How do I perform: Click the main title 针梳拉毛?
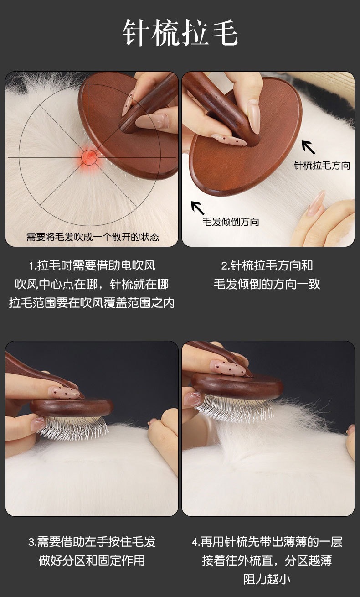pos(180,32)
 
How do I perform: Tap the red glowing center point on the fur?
pos(89,157)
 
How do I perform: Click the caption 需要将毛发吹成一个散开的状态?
pos(93,237)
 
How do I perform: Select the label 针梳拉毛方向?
pos(322,165)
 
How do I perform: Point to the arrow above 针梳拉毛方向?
pos(308,147)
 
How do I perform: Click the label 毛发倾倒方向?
pos(231,222)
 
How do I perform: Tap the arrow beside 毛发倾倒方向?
pos(198,208)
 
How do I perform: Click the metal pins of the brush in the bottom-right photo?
pos(235,408)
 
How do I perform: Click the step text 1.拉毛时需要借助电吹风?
pos(92,265)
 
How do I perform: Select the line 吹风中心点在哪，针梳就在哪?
pos(92,284)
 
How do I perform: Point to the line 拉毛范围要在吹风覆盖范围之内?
pos(92,303)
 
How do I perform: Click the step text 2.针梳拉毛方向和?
pos(267,265)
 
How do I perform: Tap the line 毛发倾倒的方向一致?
pos(267,284)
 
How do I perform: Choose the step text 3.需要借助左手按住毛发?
pos(92,542)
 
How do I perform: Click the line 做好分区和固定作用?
pos(92,561)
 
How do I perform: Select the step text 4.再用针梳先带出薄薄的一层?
pos(267,542)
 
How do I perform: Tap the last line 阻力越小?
pos(267,579)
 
